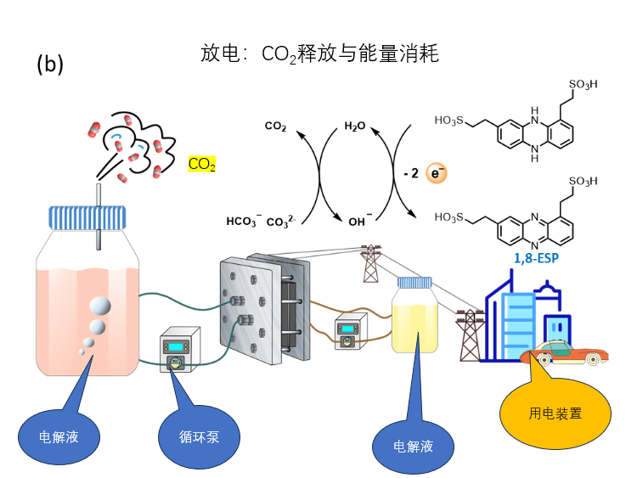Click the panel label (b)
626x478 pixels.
point(50,65)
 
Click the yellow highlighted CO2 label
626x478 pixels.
point(201,164)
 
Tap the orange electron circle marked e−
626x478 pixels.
point(437,174)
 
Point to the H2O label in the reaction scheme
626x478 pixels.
point(355,127)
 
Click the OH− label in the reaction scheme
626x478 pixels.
point(360,222)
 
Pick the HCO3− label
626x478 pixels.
point(243,222)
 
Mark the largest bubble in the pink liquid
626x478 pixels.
point(99,306)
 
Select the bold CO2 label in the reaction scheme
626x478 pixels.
point(275,127)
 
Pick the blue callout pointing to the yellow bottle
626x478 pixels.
point(413,443)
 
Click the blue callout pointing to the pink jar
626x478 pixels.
point(59,436)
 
